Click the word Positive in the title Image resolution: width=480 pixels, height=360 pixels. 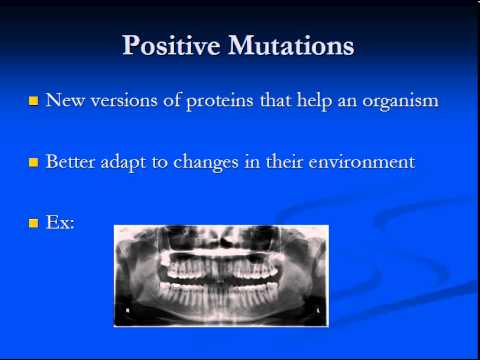pos(173,46)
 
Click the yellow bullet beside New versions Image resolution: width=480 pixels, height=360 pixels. pos(33,102)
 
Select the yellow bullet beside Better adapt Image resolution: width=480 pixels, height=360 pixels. pos(33,162)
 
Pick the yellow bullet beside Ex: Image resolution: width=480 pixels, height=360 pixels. pos(33,224)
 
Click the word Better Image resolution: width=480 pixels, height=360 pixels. pos(70,161)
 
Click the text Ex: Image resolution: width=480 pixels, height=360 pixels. pos(60,223)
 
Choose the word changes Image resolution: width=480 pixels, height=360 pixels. pos(207,162)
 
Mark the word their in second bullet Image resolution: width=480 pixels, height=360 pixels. pos(283,161)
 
